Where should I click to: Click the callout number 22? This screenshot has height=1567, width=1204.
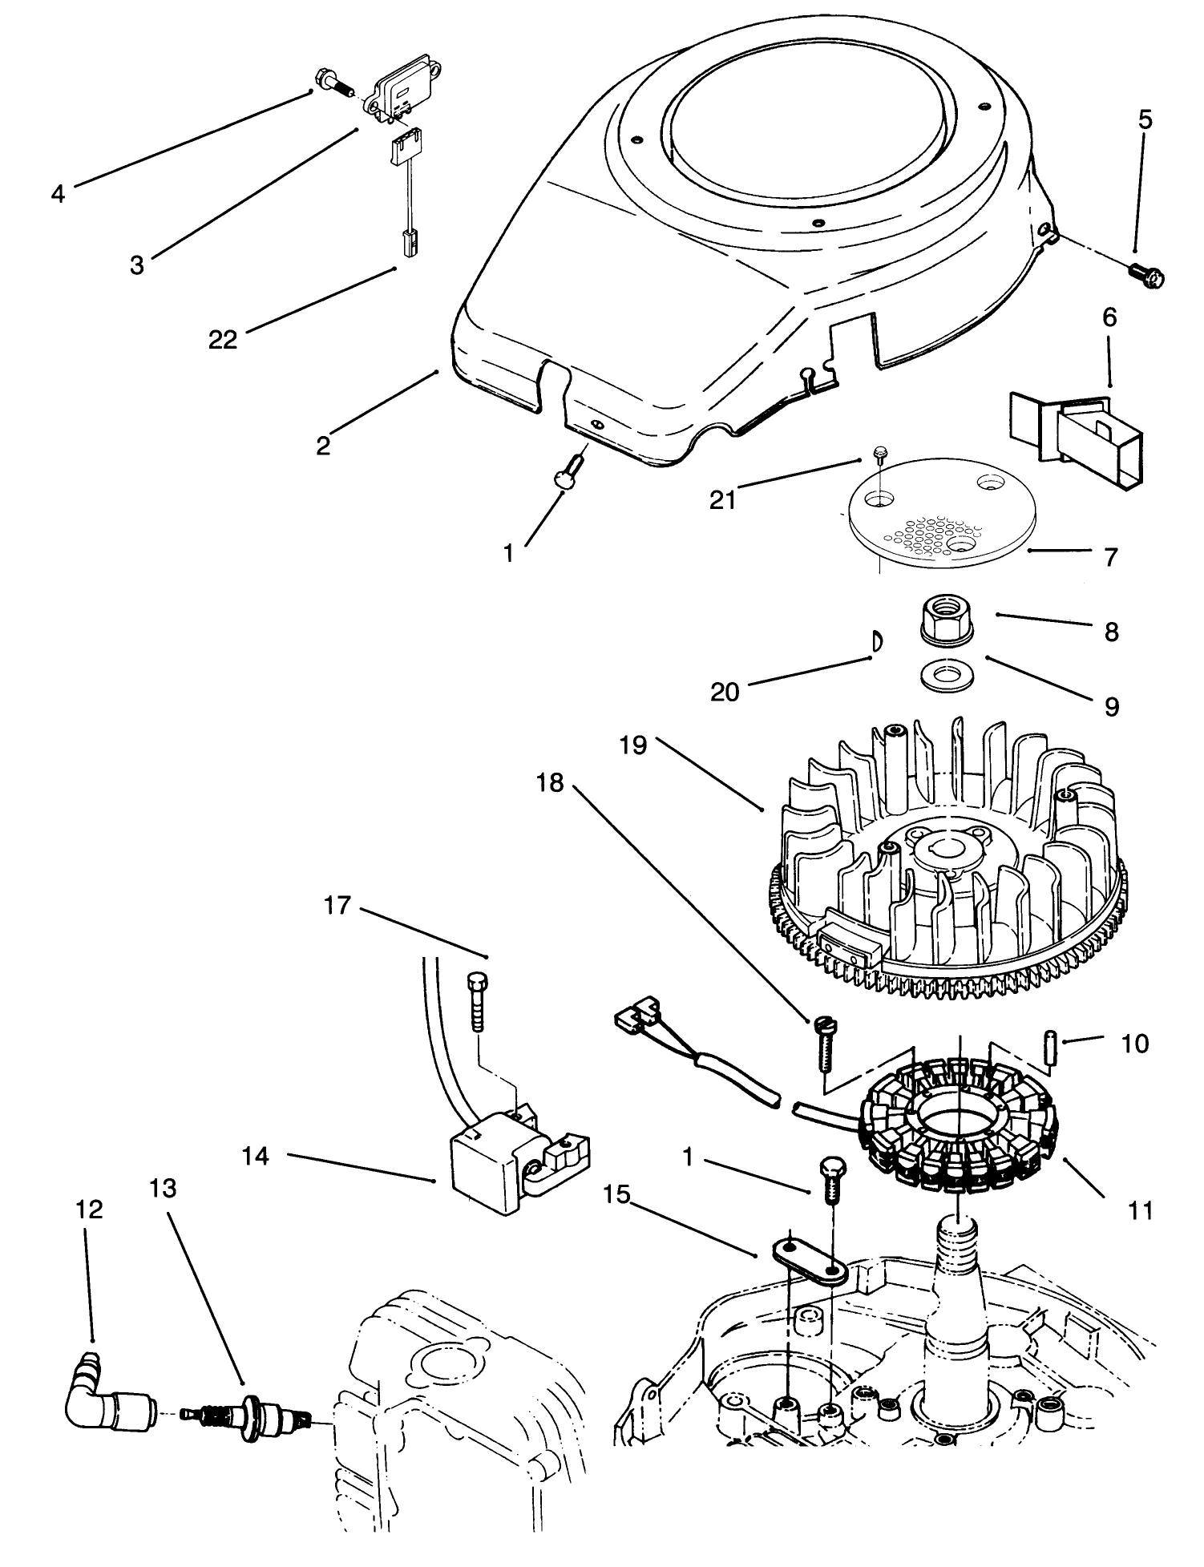coord(223,340)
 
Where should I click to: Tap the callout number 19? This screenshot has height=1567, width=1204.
coord(632,746)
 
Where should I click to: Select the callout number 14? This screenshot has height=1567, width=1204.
coord(256,1156)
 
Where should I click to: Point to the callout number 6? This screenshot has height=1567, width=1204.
coord(1109,317)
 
